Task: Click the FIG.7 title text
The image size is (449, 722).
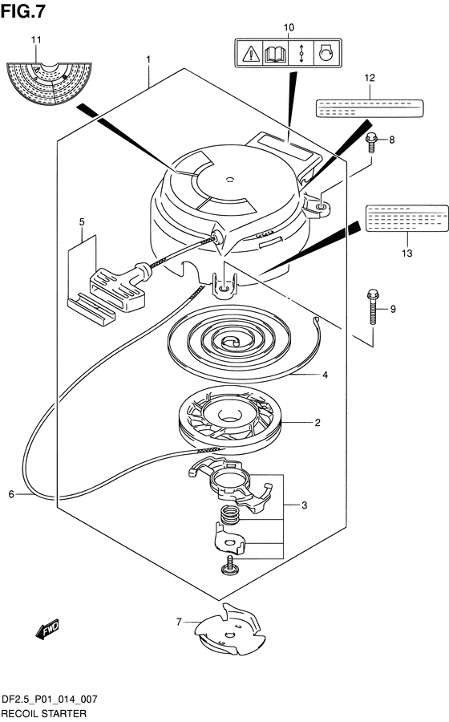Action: pyautogui.click(x=23, y=10)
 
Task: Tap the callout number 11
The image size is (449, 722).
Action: pyautogui.click(x=36, y=40)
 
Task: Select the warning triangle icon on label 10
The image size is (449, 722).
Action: pyautogui.click(x=251, y=54)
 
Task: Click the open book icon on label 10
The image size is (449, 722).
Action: pyautogui.click(x=276, y=54)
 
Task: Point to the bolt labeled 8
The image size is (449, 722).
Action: pyautogui.click(x=372, y=143)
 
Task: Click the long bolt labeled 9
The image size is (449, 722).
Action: pyautogui.click(x=373, y=306)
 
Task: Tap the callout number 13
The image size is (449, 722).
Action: pyautogui.click(x=407, y=253)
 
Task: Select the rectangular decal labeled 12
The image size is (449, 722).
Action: pyautogui.click(x=370, y=107)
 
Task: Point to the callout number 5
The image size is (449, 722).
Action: pyautogui.click(x=82, y=222)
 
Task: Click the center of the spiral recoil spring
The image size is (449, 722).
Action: pyautogui.click(x=230, y=342)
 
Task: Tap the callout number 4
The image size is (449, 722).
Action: pyautogui.click(x=325, y=375)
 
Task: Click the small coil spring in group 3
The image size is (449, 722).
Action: pyautogui.click(x=230, y=515)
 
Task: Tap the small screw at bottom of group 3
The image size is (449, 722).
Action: pyautogui.click(x=230, y=565)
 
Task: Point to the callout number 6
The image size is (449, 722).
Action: pyautogui.click(x=11, y=494)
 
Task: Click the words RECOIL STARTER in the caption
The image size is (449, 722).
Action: pyautogui.click(x=44, y=714)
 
